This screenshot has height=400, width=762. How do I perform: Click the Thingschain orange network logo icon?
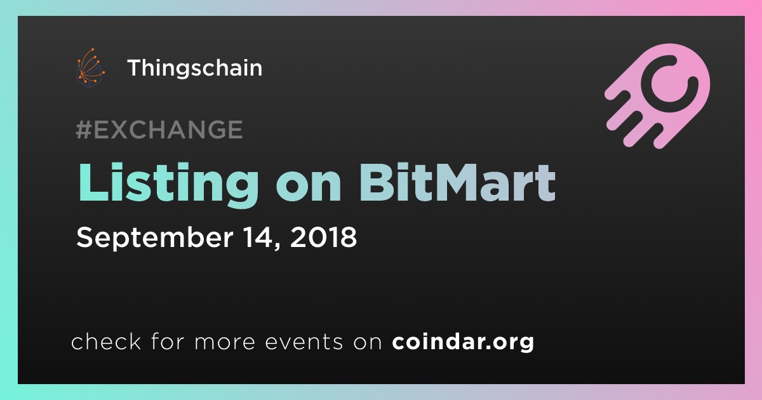[x=90, y=68]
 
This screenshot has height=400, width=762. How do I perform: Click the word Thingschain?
[x=195, y=69]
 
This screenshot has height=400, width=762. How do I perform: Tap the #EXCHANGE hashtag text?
[x=159, y=130]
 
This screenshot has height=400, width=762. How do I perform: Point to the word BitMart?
[x=457, y=183]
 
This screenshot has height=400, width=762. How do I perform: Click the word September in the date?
[x=155, y=238]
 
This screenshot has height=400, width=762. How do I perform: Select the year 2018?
[x=323, y=237]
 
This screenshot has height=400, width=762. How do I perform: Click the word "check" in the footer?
[x=106, y=341]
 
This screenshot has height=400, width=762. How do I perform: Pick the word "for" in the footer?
[x=168, y=341]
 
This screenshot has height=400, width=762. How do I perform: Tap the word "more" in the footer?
[x=225, y=343]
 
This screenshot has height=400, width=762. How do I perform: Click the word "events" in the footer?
[x=304, y=342]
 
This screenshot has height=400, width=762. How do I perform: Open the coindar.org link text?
[x=463, y=342]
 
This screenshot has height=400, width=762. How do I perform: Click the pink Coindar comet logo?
[x=658, y=96]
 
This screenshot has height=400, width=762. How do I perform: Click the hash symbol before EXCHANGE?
[x=84, y=130]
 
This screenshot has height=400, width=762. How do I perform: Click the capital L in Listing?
[x=93, y=182]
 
